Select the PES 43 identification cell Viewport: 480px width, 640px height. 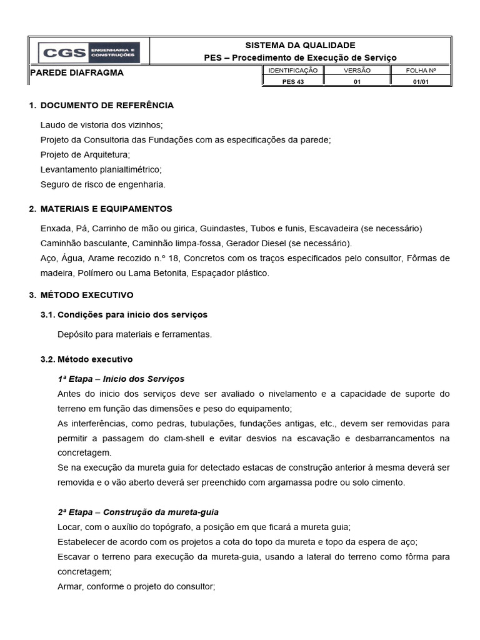(292, 81)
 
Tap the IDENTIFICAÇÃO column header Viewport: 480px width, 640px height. (292, 71)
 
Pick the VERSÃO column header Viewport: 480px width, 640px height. (357, 71)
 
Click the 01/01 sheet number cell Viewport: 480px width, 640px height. (421, 81)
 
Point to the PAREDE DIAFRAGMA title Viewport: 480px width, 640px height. (77, 72)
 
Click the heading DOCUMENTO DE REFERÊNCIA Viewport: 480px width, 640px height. (107, 105)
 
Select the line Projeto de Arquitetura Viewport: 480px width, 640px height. (85, 154)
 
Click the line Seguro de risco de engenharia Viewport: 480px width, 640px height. (102, 184)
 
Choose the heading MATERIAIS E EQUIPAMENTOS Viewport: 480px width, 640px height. (107, 209)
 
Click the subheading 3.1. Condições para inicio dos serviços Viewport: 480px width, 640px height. (124, 314)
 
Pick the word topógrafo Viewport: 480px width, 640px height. (177, 527)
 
